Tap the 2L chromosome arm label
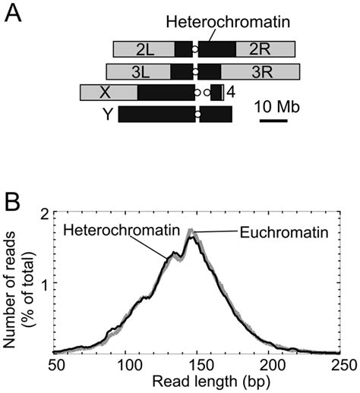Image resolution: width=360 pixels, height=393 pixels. pos(145,50)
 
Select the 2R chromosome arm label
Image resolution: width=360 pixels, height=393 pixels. pos(260,49)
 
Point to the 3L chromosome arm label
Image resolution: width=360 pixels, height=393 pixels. pos(141,72)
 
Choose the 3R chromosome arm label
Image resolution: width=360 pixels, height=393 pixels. pos(263,72)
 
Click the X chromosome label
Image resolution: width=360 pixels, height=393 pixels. pos(105,93)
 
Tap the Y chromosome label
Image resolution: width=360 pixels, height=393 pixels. pos(108,115)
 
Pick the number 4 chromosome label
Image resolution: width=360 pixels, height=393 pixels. pos(231,93)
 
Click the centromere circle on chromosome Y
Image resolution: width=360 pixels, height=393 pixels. pos(198,115)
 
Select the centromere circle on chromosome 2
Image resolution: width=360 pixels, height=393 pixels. pos(194,49)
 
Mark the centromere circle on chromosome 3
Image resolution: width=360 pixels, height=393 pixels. pos(195,72)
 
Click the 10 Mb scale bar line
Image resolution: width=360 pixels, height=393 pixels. pos(273,121)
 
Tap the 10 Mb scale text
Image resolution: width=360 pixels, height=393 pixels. pos(277,107)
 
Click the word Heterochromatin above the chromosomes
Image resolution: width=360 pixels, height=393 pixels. pos(228,22)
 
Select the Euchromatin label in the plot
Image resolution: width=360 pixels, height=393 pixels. pos(284,232)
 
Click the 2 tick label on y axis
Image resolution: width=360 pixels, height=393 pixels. pos(45,214)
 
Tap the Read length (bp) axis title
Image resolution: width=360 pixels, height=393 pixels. pos(211,382)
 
